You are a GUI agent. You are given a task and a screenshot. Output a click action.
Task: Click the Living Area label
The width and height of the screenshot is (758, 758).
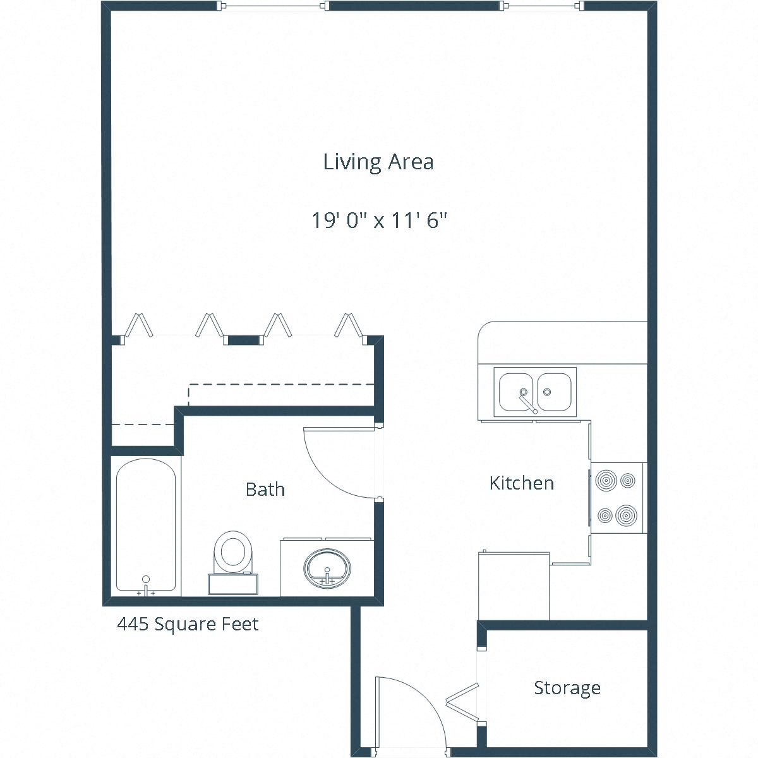pyautogui.click(x=378, y=162)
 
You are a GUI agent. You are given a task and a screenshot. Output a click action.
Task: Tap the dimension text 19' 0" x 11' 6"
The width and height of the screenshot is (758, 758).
pyautogui.click(x=380, y=220)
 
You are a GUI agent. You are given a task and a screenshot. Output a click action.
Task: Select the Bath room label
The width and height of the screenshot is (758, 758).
pyautogui.click(x=265, y=489)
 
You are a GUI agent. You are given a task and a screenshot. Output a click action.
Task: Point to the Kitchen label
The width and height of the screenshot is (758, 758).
pyautogui.click(x=522, y=483)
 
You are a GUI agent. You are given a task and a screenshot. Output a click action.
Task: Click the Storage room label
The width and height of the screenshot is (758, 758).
pyautogui.click(x=567, y=687)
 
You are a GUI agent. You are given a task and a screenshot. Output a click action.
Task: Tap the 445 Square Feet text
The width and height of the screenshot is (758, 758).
pyautogui.click(x=188, y=624)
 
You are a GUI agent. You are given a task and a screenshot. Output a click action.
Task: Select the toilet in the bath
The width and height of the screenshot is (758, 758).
pyautogui.click(x=232, y=552)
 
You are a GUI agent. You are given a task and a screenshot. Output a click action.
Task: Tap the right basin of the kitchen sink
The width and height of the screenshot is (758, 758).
pyautogui.click(x=554, y=392)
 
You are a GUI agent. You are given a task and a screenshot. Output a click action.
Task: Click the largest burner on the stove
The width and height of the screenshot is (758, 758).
pyautogui.click(x=626, y=515)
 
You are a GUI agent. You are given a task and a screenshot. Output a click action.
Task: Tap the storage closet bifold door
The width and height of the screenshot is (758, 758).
pyautogui.click(x=462, y=700)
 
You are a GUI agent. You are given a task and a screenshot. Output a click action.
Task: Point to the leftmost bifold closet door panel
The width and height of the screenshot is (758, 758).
pyautogui.click(x=138, y=325)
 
